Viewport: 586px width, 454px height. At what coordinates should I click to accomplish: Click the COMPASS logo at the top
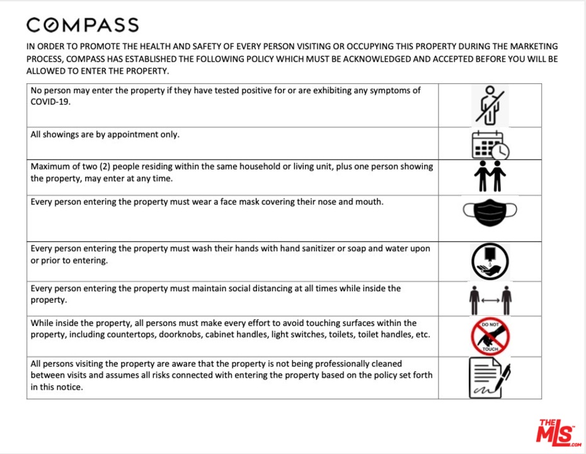83,25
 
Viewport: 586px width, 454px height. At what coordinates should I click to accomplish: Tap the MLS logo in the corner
558,432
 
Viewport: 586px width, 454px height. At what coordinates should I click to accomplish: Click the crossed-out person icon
490,105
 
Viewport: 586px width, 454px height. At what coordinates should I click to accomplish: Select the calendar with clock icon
490,144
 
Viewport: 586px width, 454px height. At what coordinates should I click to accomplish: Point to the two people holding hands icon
490,177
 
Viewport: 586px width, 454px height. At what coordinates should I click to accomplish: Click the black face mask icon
490,212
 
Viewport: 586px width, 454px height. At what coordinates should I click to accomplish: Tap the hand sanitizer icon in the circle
490,262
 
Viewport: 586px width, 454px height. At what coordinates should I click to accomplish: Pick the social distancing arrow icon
490,300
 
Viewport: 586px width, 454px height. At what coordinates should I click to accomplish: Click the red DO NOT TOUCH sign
490,337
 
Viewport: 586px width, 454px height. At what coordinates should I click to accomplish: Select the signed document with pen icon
489,377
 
